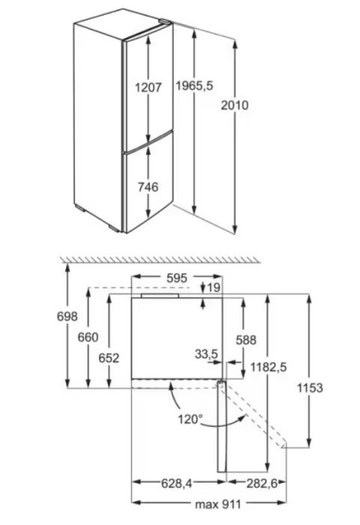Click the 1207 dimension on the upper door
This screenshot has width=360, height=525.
click(x=148, y=88)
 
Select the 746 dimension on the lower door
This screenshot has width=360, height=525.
click(x=148, y=187)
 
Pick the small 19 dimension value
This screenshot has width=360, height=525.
click(x=214, y=287)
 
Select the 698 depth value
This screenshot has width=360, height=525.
click(x=67, y=317)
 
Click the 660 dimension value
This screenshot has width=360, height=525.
click(x=88, y=337)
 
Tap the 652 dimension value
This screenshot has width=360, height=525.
click(x=109, y=358)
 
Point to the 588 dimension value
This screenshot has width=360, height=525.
click(x=246, y=339)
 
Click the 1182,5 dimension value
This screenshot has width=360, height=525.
click(x=269, y=367)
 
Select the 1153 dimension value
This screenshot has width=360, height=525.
click(x=310, y=388)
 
